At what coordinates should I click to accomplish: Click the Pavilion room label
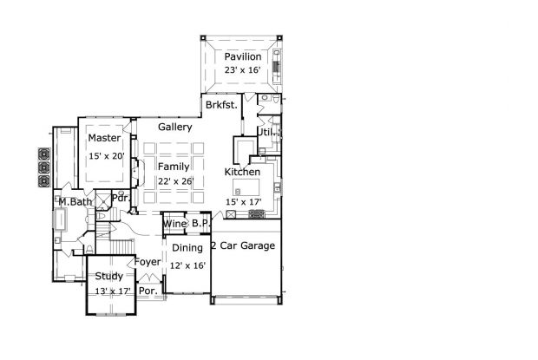[x=243, y=56]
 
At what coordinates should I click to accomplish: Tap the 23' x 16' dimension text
[x=243, y=70]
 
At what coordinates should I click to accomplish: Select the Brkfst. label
[x=221, y=105]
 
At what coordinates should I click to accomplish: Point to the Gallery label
[x=175, y=127]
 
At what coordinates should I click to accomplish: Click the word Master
[x=104, y=138]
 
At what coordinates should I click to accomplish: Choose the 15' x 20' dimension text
[x=107, y=156]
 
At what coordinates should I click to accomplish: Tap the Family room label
[x=174, y=167]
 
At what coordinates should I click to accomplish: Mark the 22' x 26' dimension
[x=176, y=181]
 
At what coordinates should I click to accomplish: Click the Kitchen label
[x=242, y=172]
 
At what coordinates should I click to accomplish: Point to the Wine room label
[x=174, y=224]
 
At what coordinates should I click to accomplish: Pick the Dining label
[x=187, y=248]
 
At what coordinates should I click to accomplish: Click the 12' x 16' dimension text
[x=187, y=265]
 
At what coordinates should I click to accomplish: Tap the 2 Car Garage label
[x=243, y=245]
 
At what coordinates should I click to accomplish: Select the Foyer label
[x=148, y=262]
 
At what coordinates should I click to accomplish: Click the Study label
[x=109, y=276]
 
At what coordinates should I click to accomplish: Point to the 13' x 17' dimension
[x=113, y=291]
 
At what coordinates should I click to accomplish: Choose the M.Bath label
[x=75, y=202]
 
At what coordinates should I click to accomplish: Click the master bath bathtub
[x=61, y=219]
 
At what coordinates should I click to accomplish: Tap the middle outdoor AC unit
[x=44, y=167]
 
